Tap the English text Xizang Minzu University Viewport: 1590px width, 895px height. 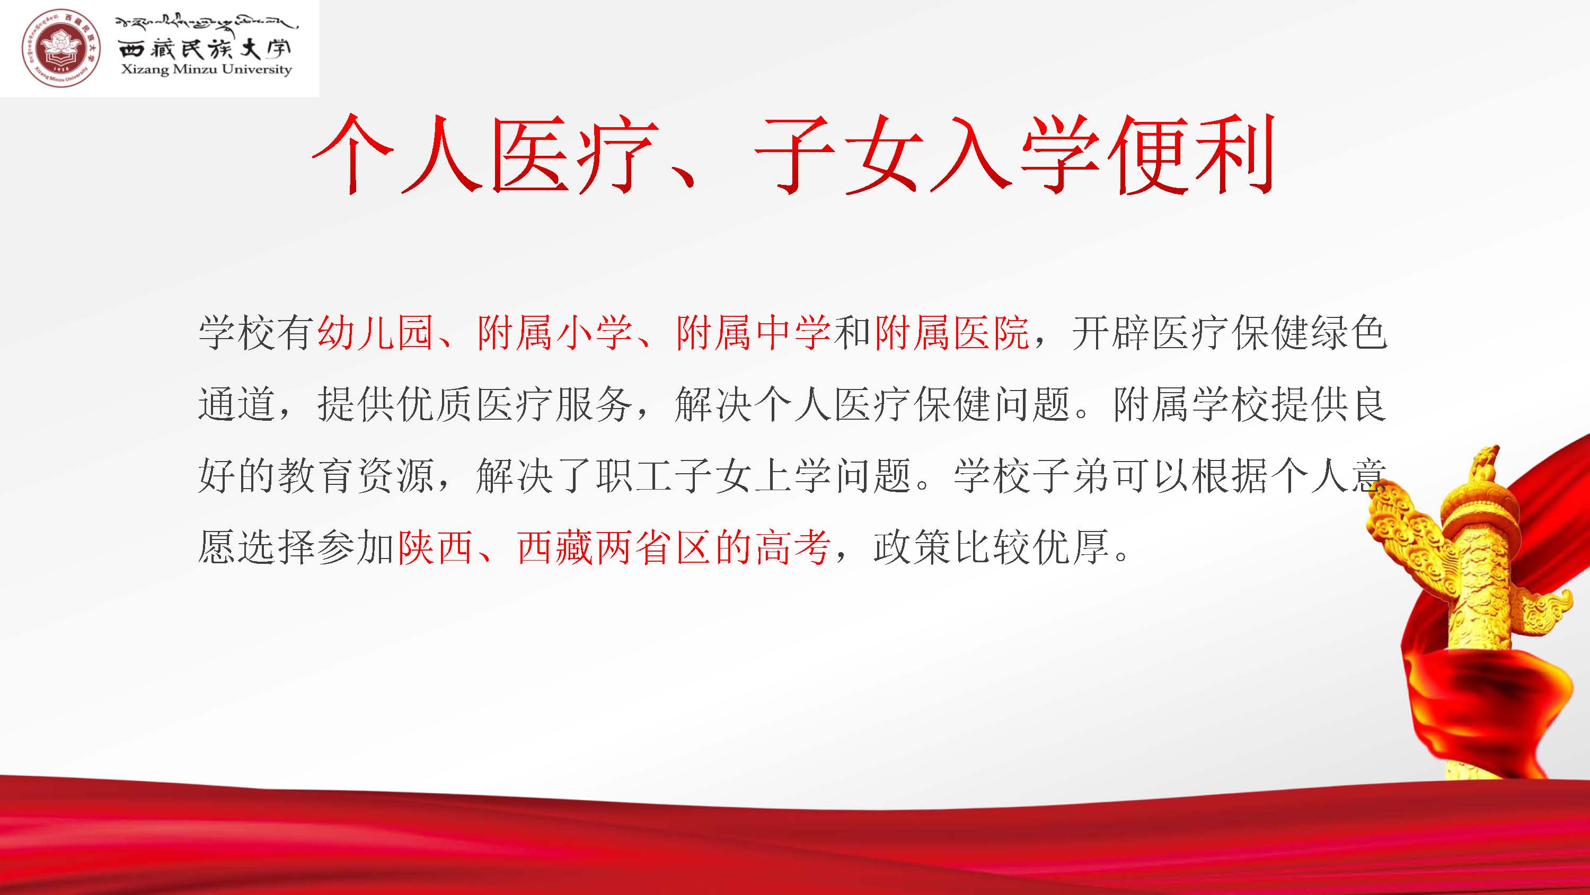click(206, 69)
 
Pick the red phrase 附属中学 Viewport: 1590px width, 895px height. click(754, 333)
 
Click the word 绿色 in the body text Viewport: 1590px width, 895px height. click(1349, 333)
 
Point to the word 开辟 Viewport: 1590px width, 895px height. click(1111, 333)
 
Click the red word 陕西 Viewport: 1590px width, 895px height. click(435, 547)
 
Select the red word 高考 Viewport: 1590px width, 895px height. click(792, 547)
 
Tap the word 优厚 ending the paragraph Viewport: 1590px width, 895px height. click(1071, 547)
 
